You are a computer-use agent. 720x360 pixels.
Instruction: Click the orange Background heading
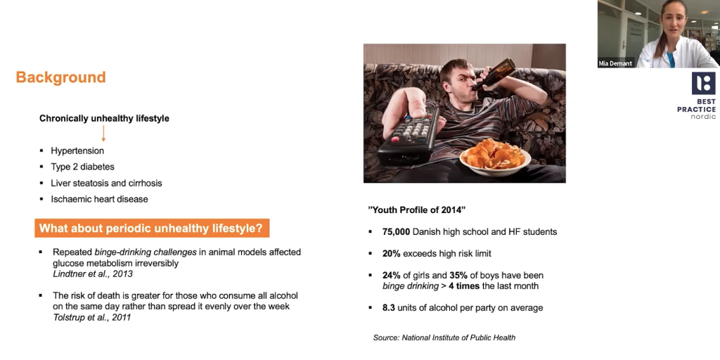coord(60,77)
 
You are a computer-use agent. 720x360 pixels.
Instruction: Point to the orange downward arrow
coord(103,133)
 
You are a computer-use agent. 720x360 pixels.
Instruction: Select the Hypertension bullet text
coord(77,150)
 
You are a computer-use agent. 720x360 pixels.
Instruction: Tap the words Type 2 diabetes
coord(83,167)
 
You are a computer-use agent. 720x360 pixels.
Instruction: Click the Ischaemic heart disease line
coord(99,199)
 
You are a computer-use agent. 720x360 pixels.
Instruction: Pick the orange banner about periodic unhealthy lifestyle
coord(152,229)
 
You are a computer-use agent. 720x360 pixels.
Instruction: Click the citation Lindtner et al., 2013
coord(93,274)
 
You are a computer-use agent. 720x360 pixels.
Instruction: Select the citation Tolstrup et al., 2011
coord(92,317)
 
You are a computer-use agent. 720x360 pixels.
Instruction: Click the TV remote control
coord(409,136)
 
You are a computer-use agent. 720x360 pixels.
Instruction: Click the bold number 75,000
coord(396,232)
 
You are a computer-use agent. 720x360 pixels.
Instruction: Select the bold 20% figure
coord(391,253)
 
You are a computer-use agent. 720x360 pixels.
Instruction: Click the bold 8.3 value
coord(388,308)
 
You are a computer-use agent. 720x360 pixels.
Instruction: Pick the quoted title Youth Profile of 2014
coord(417,210)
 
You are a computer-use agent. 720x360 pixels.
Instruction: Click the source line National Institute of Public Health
coord(444,337)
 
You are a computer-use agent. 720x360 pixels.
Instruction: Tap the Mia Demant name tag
coord(615,63)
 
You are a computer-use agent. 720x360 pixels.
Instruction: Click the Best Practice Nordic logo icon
coord(703,84)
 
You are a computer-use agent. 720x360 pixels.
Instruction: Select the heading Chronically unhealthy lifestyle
coord(104,118)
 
